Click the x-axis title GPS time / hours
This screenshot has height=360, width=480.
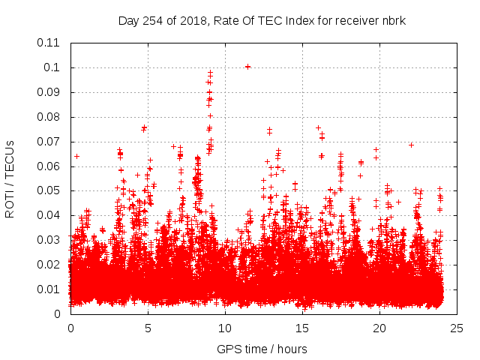(x=262, y=349)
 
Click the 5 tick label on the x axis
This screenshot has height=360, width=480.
(x=148, y=328)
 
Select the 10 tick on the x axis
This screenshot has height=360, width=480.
(x=225, y=328)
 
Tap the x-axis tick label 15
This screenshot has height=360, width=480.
(x=302, y=328)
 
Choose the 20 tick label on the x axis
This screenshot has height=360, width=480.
(x=379, y=328)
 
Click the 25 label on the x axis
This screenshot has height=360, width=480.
(x=457, y=328)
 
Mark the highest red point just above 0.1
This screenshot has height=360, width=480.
(x=247, y=67)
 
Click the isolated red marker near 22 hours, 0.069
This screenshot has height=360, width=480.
(x=411, y=145)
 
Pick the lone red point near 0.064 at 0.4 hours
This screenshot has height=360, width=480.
(x=76, y=157)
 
